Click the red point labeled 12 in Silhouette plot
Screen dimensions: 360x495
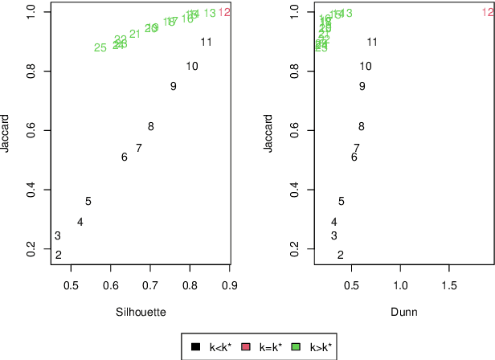224,12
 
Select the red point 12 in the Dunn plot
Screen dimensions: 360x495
488,12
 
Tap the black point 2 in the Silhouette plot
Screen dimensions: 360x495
58,255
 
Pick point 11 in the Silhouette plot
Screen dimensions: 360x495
206,42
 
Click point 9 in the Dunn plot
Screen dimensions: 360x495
362,87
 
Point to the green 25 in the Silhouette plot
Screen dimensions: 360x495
100,47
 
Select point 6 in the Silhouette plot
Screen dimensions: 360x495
124,157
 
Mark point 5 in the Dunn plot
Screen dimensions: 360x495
341,202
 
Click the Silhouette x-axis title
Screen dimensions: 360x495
141,312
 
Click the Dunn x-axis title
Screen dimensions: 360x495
403,312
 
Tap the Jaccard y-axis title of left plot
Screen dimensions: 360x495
6,133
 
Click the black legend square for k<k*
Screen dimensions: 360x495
195,347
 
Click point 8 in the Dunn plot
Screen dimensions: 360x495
361,126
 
